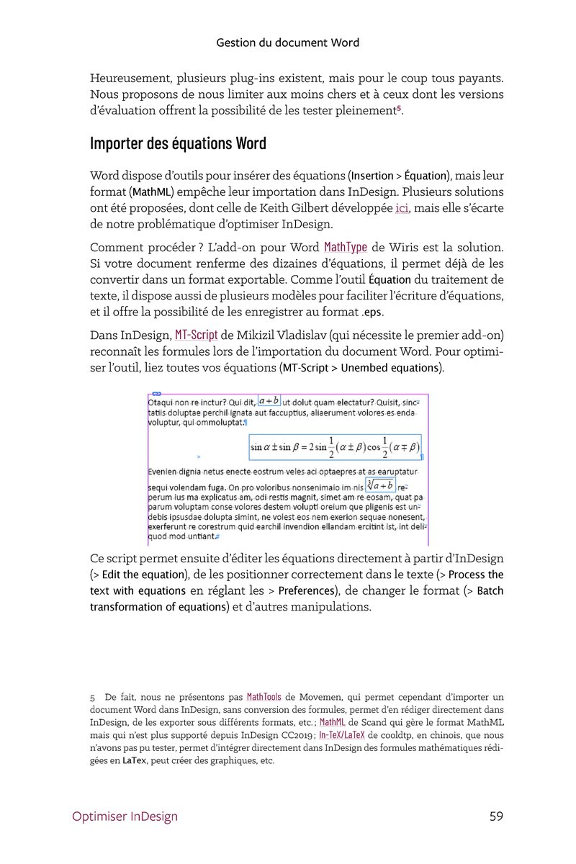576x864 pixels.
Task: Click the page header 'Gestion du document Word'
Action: click(287, 42)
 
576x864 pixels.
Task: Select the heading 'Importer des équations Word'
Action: click(178, 143)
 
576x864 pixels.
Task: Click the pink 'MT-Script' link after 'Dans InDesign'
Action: click(196, 335)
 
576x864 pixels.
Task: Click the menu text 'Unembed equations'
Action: click(390, 368)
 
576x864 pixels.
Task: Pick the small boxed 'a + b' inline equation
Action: click(269, 400)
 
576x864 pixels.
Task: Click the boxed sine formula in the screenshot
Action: click(334, 447)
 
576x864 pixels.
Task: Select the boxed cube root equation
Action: click(380, 486)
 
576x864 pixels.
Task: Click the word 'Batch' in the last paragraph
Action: click(490, 591)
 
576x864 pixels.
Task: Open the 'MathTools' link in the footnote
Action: click(264, 697)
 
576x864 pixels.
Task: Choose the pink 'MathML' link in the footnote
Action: click(331, 721)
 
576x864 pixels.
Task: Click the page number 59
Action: click(495, 816)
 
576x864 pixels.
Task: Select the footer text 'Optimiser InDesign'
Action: click(125, 816)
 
